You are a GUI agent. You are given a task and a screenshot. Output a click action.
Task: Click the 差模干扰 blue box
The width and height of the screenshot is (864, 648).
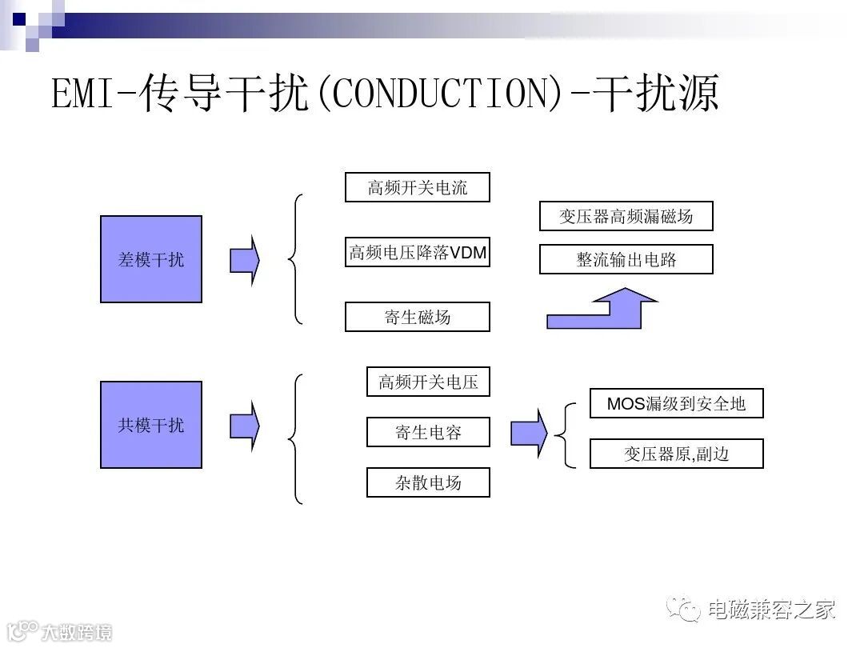(150, 259)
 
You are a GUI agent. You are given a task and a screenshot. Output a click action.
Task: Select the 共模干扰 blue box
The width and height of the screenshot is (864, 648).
(150, 425)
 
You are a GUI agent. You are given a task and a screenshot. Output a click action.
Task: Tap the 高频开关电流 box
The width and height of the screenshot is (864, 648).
(417, 188)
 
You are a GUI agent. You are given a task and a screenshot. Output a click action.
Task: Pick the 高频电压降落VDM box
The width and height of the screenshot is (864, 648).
(417, 253)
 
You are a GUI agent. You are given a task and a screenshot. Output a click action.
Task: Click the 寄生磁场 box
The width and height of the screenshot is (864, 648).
(417, 317)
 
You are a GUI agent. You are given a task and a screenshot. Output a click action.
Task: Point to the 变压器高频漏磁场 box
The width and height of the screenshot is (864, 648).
(626, 216)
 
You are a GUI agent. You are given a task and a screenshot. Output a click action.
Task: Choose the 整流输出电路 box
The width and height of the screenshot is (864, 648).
(626, 260)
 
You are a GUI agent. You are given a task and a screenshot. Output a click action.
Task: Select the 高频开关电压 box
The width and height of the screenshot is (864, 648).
(428, 382)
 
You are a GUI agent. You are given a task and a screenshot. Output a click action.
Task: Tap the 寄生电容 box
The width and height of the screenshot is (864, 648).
(428, 432)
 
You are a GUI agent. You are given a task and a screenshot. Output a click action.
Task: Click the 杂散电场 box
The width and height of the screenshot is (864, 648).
(428, 482)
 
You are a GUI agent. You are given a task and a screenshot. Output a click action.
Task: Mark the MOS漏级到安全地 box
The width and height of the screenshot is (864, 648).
(676, 403)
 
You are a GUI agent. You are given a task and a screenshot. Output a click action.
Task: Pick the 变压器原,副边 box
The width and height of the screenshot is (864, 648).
(676, 454)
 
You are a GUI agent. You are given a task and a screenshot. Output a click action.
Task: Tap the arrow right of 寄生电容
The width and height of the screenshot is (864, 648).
(529, 433)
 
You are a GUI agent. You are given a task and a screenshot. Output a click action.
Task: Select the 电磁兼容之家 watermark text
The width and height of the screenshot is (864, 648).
(772, 610)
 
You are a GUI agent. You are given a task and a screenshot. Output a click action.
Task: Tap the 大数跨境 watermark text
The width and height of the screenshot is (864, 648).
(77, 631)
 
